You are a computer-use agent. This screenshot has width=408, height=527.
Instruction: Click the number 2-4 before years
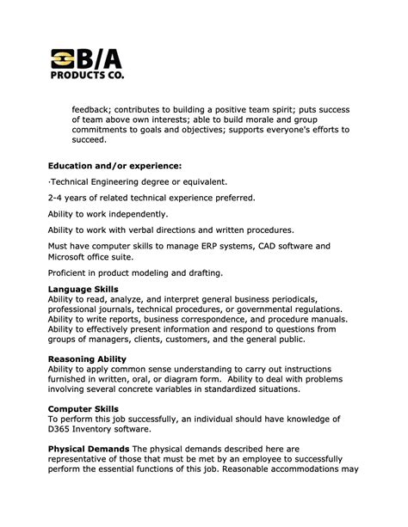(x=57, y=198)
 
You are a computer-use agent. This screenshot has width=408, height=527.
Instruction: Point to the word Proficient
(x=71, y=273)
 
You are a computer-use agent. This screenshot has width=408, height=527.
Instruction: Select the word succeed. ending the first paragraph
(x=88, y=139)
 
